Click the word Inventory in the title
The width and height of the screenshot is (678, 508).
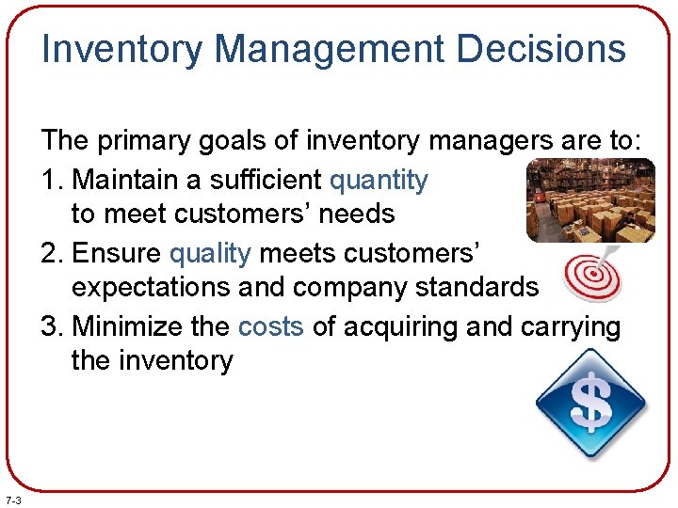pyautogui.click(x=121, y=49)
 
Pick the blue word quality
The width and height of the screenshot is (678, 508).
pyautogui.click(x=210, y=252)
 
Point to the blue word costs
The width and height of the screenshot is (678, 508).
pyautogui.click(x=271, y=325)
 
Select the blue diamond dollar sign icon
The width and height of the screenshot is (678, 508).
pyautogui.click(x=590, y=404)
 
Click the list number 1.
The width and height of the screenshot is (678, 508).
pyautogui.click(x=51, y=179)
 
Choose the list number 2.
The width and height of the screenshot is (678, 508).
pyautogui.click(x=51, y=252)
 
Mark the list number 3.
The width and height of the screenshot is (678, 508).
pyautogui.click(x=51, y=325)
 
